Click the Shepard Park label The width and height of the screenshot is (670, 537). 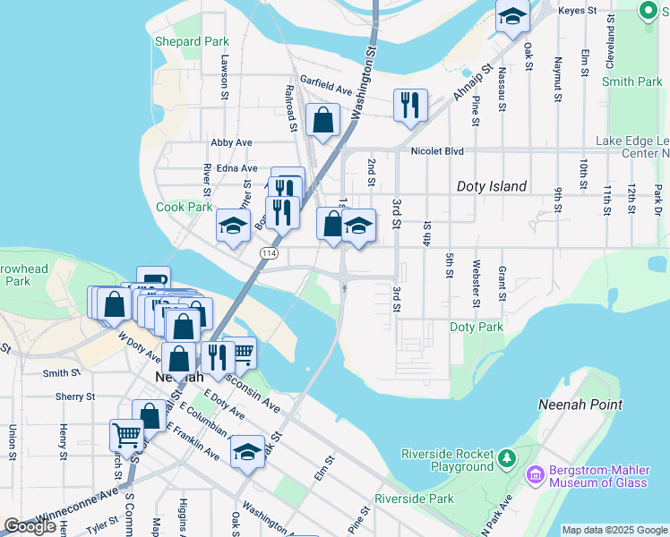pyautogui.click(x=192, y=42)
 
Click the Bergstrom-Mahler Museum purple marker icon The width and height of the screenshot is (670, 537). pyautogui.click(x=537, y=474)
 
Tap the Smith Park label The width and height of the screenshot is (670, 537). pyautogui.click(x=631, y=81)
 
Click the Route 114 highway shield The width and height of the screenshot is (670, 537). pyautogui.click(x=269, y=255)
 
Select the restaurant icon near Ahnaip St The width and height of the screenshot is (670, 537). pyautogui.click(x=410, y=104)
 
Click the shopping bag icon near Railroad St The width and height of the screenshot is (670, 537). pyautogui.click(x=322, y=119)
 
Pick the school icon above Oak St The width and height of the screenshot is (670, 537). pyautogui.click(x=512, y=15)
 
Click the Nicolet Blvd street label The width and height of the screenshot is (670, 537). pyautogui.click(x=437, y=151)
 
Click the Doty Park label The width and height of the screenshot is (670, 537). pyautogui.click(x=477, y=328)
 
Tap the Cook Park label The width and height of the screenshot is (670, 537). pyautogui.click(x=185, y=207)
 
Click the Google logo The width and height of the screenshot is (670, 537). pyautogui.click(x=30, y=526)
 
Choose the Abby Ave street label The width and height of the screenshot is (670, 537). pyautogui.click(x=231, y=142)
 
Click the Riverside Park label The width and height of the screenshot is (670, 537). pyautogui.click(x=414, y=499)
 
